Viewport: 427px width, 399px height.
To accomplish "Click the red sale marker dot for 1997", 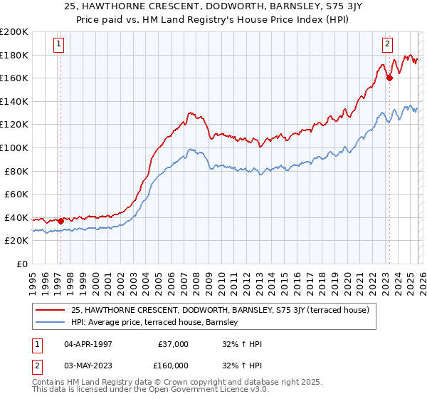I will click(x=60, y=221).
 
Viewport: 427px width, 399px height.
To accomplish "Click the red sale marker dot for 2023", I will click(x=389, y=78).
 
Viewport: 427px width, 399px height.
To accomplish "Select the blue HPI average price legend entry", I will click(x=157, y=323).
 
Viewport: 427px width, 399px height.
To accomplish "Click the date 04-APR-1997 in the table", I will click(x=93, y=344).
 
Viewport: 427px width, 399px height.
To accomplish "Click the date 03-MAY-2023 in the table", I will click(x=93, y=365).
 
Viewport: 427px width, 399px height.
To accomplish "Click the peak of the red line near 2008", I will click(x=189, y=113).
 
